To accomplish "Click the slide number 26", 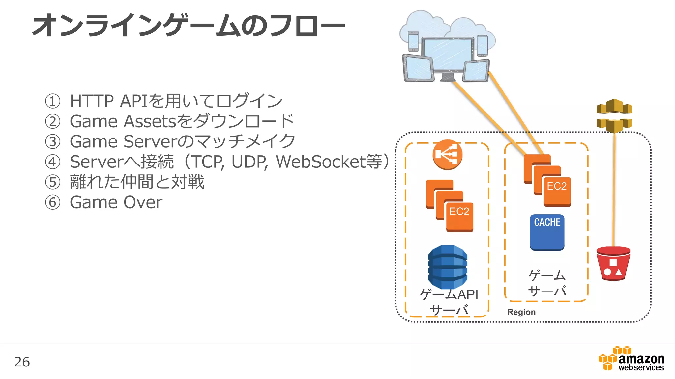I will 22,362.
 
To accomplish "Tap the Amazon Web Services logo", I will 631,359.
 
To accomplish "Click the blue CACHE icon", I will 547,232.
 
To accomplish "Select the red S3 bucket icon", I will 613,264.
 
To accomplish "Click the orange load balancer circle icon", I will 447,155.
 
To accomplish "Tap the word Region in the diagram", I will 521,312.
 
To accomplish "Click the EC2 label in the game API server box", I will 459,211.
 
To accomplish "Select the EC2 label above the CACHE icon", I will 557,186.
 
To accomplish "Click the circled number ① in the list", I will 53,101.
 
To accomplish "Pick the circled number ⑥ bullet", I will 53,202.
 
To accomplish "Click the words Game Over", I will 116,202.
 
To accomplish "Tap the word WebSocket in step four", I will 320,162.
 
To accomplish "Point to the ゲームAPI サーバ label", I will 449,302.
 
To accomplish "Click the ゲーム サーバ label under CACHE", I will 547,283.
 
